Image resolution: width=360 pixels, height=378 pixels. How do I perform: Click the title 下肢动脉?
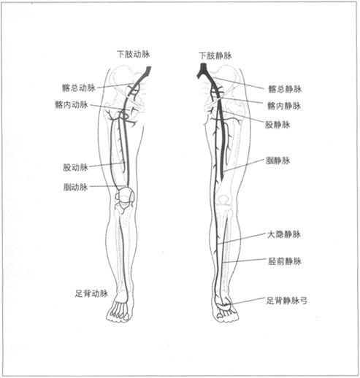[134, 54]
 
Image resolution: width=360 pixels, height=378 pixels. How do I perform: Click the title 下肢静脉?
[215, 55]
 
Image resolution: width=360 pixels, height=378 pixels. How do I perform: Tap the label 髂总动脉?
[79, 88]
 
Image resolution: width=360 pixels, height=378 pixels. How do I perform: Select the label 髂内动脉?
[72, 104]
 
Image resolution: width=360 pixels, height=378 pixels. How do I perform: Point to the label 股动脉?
[75, 167]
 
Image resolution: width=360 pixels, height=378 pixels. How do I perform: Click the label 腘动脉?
[75, 187]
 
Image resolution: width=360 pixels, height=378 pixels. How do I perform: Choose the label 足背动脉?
[91, 293]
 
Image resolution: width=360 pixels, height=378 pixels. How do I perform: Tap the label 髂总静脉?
[285, 89]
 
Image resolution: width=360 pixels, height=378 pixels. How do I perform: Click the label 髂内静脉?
[284, 106]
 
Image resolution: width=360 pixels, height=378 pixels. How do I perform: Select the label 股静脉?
[277, 125]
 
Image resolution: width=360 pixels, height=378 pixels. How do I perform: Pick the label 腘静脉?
[277, 161]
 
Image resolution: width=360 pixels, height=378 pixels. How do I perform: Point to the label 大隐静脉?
[284, 234]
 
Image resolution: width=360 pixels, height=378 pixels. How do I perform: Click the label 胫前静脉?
[285, 261]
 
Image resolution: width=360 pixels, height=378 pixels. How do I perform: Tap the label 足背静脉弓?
[286, 301]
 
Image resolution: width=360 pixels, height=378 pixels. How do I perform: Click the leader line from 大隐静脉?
[241, 239]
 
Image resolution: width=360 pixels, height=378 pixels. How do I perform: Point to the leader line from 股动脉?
[107, 165]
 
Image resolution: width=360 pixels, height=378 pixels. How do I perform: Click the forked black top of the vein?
[202, 70]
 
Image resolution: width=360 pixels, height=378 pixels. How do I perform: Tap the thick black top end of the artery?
[148, 72]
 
